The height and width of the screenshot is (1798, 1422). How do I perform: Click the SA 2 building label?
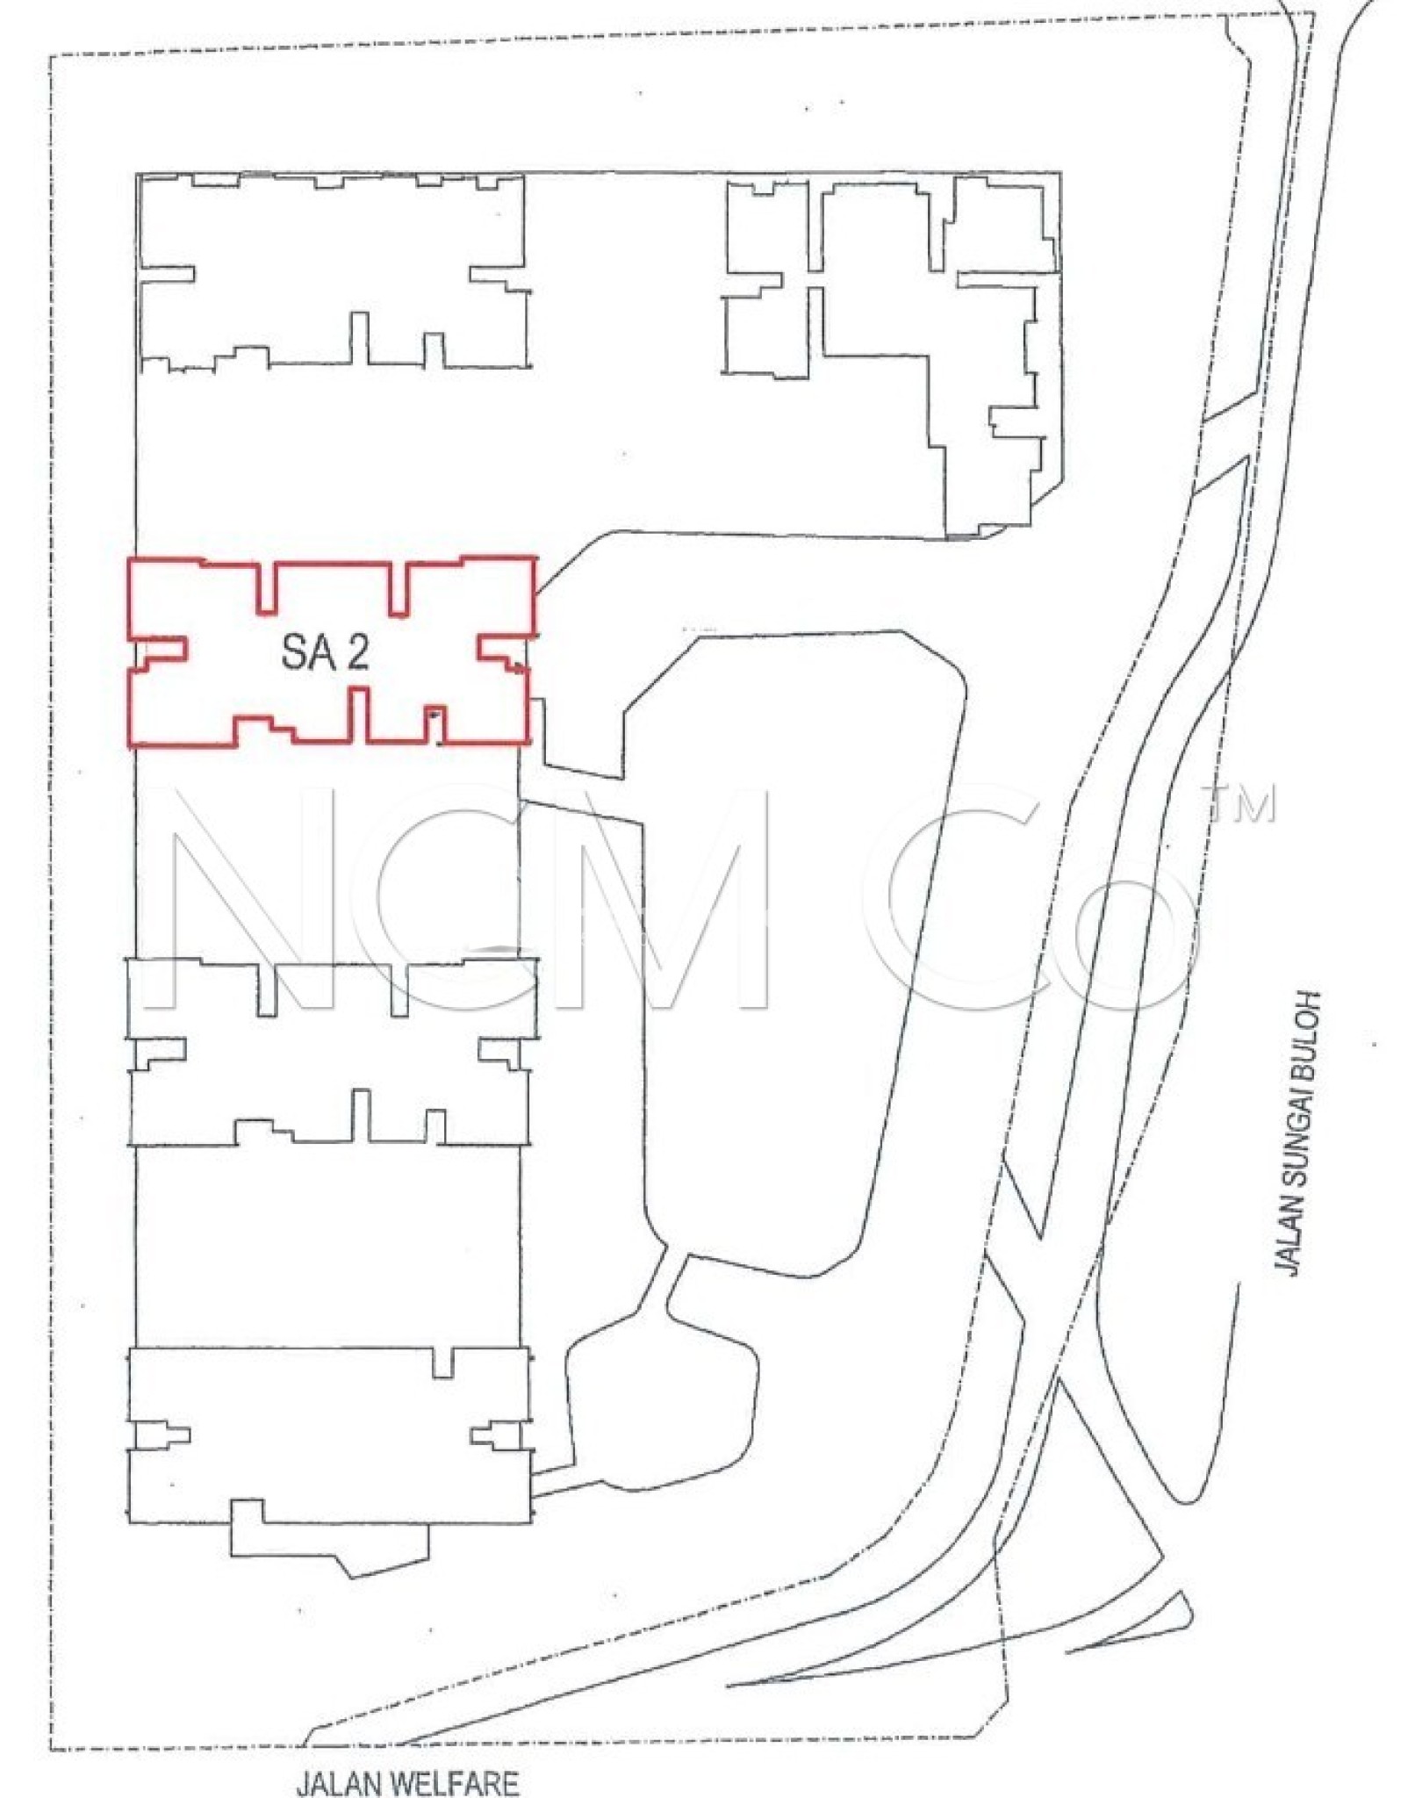tap(325, 652)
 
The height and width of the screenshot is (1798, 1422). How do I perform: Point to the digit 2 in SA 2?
tap(356, 652)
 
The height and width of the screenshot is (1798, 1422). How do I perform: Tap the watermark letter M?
tap(671, 895)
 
